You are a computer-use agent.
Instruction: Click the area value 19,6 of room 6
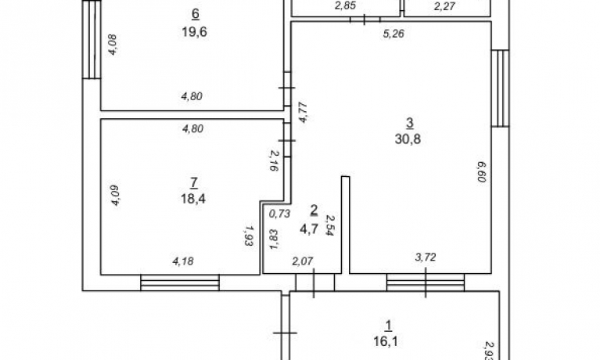tap(194, 32)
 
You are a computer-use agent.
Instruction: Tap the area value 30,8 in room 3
tap(408, 139)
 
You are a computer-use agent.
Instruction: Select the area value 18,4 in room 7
tap(193, 199)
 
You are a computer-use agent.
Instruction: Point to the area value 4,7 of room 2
tap(309, 229)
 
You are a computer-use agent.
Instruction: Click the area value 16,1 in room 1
tap(386, 341)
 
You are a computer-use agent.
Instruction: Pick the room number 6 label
tap(195, 15)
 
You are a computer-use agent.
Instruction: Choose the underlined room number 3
tap(409, 124)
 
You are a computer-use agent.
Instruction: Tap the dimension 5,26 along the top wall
tap(393, 34)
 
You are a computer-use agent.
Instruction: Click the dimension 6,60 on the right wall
tap(481, 171)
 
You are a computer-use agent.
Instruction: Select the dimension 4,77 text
tap(303, 112)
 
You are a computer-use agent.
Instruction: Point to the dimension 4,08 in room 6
tap(113, 45)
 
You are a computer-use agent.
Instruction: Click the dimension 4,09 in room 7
tap(115, 196)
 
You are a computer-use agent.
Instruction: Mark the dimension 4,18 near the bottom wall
tap(183, 261)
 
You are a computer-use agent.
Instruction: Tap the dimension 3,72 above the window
tap(426, 257)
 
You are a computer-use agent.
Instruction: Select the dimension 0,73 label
tap(280, 214)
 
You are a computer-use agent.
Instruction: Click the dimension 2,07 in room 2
tap(303, 261)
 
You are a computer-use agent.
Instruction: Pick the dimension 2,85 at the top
tap(345, 5)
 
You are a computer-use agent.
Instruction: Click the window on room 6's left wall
tap(92, 39)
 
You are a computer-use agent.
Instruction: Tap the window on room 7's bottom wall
tap(180, 283)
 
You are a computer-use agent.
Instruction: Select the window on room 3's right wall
tap(500, 88)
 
